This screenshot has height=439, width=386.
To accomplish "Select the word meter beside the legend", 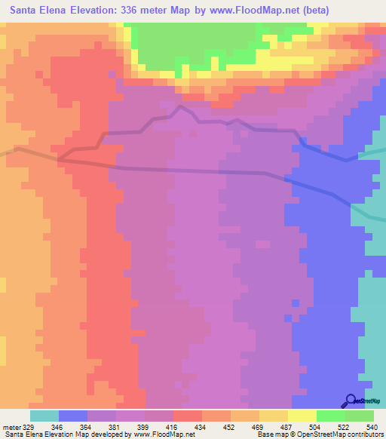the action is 11,426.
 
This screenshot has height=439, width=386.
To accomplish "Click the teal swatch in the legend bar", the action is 44,416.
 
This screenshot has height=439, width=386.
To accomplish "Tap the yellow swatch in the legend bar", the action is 302,416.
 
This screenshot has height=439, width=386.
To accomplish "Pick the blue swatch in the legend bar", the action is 73,416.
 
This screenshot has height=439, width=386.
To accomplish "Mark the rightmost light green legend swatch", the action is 360,416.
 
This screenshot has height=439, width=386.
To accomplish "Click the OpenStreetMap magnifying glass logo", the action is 351,401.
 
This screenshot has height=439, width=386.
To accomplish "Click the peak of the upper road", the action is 179,107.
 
